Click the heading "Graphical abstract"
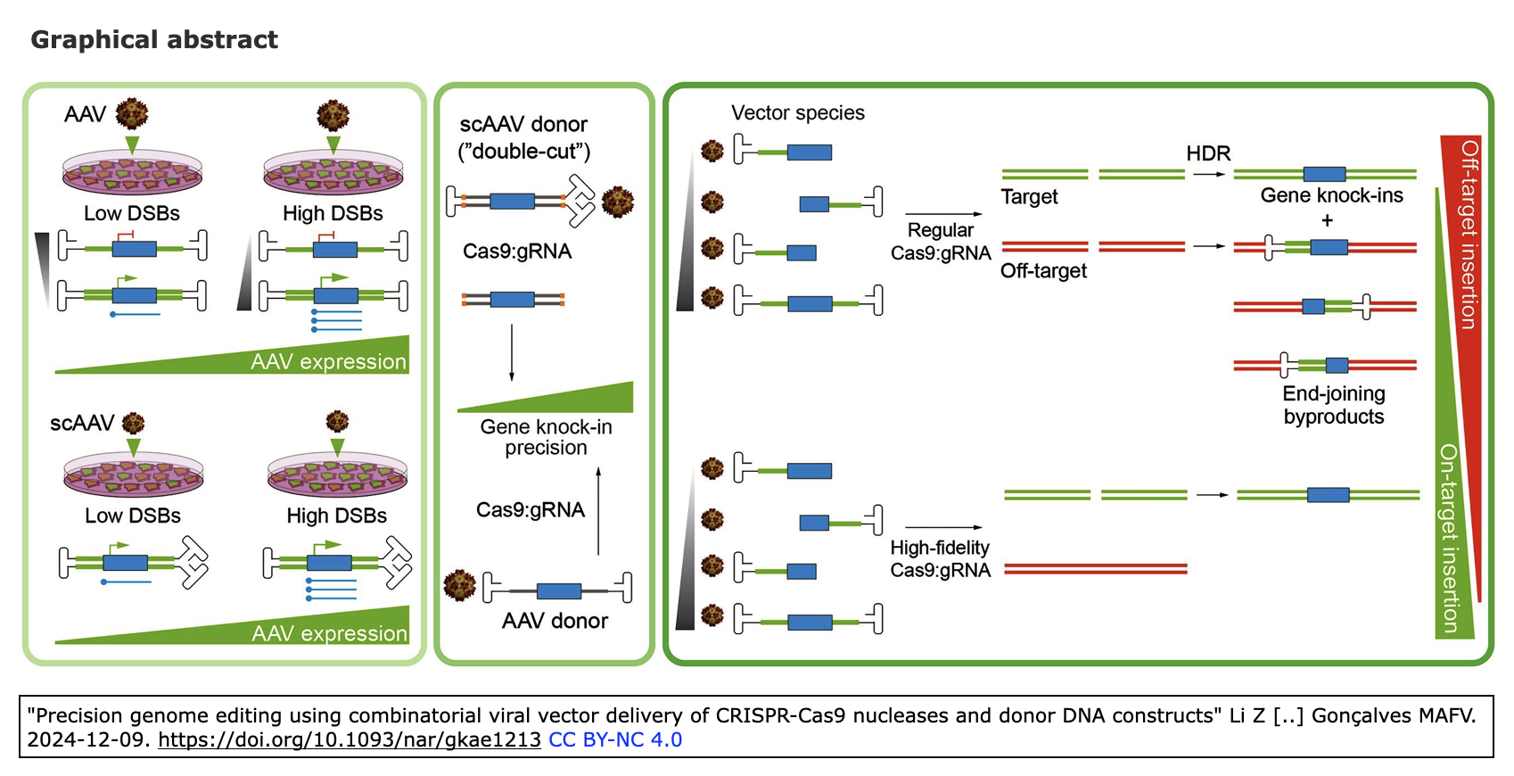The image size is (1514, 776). (x=154, y=40)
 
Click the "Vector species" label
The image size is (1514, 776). (x=797, y=113)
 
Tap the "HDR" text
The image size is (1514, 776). (x=1207, y=153)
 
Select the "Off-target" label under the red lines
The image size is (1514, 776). (x=1043, y=271)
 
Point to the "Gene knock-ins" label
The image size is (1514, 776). (x=1331, y=195)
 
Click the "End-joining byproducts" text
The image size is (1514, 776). (x=1333, y=405)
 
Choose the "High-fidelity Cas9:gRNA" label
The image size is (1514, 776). (x=940, y=559)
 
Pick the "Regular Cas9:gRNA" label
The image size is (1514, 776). (x=941, y=242)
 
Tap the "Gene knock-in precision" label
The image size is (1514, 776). (x=546, y=437)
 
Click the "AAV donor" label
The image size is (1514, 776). (x=555, y=621)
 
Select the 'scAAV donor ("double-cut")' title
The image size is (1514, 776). (x=523, y=137)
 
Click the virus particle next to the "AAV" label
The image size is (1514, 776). (x=132, y=113)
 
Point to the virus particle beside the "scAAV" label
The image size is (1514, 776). (x=133, y=423)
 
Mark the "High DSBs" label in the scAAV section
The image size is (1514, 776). (x=336, y=516)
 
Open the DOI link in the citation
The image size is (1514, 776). (x=350, y=739)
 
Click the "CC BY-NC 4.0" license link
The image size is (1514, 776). (x=615, y=739)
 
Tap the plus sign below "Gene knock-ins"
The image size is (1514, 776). (x=1327, y=220)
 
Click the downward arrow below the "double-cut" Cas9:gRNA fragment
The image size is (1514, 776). (x=512, y=353)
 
